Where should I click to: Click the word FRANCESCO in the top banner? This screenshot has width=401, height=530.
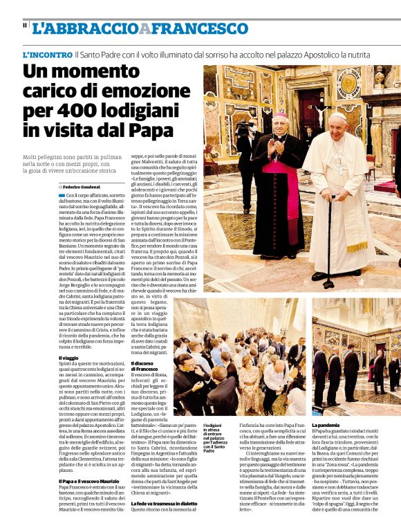pyautogui.click(x=200, y=28)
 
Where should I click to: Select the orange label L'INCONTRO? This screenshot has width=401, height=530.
pyautogui.click(x=47, y=54)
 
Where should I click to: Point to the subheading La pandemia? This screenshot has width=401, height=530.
pyautogui.click(x=328, y=424)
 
